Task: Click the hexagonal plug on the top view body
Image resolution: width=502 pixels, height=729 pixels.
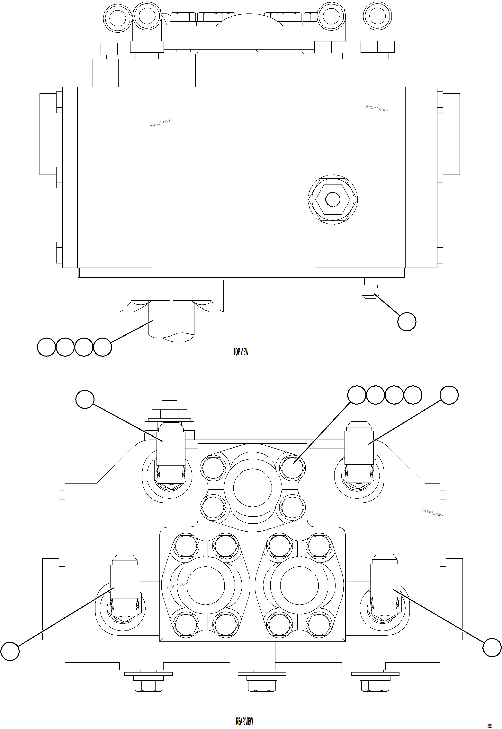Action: [333, 199]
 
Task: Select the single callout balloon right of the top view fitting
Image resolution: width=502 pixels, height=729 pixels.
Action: [407, 322]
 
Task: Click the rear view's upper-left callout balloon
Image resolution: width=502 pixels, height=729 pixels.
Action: [85, 399]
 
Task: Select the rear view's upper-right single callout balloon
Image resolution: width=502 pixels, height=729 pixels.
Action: [449, 395]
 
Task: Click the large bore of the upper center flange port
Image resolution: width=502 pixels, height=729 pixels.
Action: [253, 488]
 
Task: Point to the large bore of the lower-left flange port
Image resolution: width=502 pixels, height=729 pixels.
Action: [205, 586]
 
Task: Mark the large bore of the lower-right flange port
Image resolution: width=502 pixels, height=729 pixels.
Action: [299, 586]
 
